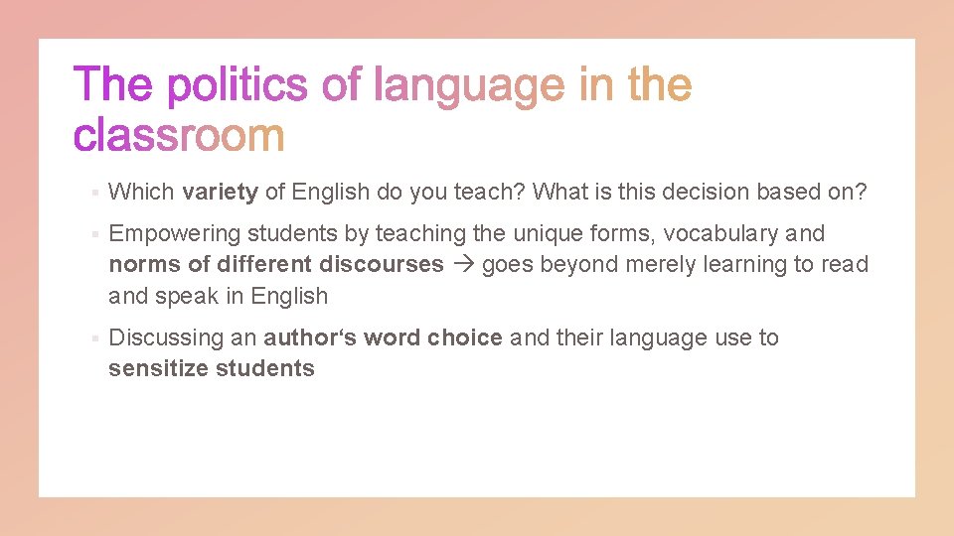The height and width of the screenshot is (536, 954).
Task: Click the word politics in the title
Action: point(237,86)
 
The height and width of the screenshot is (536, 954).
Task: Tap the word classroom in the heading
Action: point(179,135)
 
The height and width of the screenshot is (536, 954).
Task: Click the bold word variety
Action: point(221,192)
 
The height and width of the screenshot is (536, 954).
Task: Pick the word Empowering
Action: point(174,233)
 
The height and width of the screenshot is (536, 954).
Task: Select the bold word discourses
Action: point(382,264)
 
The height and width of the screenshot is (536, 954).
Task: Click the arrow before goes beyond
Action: point(463,265)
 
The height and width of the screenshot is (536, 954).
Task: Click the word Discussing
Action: point(166,337)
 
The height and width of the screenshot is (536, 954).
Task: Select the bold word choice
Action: point(465,337)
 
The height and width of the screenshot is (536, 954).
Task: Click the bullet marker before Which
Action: point(91,193)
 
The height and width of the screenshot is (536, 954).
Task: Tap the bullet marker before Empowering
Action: point(91,234)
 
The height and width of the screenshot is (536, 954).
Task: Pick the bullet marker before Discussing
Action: point(91,338)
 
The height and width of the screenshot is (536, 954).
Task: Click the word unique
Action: point(545,233)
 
